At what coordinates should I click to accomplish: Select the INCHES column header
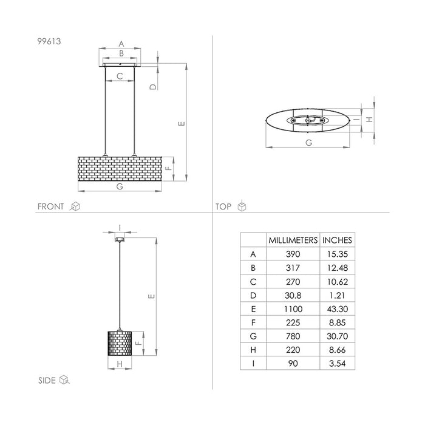(x=336, y=240)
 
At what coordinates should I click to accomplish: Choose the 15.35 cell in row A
(x=336, y=254)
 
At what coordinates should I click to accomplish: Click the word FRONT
(x=51, y=206)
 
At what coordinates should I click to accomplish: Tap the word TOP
(x=224, y=206)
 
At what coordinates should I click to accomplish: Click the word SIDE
(x=47, y=381)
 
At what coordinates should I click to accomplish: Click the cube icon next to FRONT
(x=76, y=206)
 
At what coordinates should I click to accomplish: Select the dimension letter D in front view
(x=154, y=87)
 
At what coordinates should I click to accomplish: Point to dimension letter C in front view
(x=120, y=76)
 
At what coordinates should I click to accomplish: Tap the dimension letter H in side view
(x=120, y=364)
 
